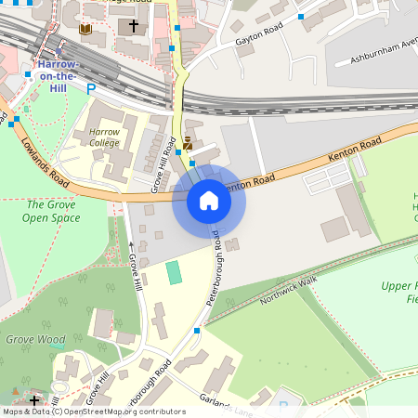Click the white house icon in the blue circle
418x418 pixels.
pyautogui.click(x=209, y=201)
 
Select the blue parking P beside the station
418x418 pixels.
pyautogui.click(x=90, y=89)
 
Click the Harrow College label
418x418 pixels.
pyautogui.click(x=104, y=138)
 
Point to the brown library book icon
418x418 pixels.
pyautogui.click(x=85, y=30)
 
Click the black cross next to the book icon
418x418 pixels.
pyautogui.click(x=134, y=27)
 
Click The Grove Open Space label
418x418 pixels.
pyautogui.click(x=52, y=211)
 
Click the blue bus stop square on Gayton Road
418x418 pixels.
pyautogui.click(x=300, y=17)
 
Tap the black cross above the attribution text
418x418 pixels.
pyautogui.click(x=34, y=400)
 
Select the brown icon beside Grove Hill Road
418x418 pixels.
pyautogui.click(x=188, y=143)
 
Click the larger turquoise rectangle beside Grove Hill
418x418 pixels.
pyautogui.click(x=174, y=273)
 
